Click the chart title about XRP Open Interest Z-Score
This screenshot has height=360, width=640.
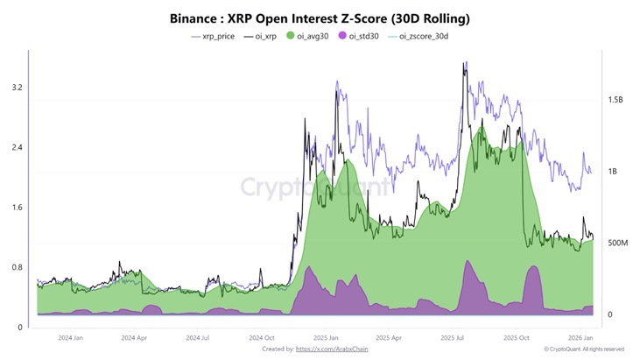(319, 18)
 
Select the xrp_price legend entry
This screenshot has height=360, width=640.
(215, 36)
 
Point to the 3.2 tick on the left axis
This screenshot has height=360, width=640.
(15, 88)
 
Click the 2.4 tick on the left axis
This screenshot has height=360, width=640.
(15, 147)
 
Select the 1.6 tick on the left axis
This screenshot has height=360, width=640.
(15, 208)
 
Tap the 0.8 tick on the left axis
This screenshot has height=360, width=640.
(15, 267)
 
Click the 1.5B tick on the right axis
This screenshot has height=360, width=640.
(616, 100)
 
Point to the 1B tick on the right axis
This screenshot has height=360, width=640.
(613, 172)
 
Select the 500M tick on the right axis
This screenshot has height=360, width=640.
(618, 243)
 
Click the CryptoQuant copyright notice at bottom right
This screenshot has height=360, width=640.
(583, 349)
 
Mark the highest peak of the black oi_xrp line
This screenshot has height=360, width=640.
(465, 62)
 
